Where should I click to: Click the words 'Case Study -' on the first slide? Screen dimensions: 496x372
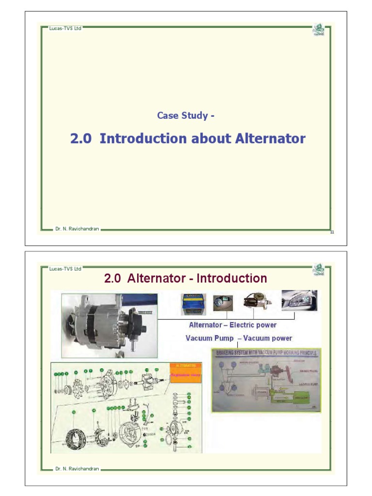186,116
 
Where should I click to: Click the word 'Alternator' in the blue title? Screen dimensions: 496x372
270,139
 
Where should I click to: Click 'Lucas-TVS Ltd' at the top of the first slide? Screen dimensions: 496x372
65,28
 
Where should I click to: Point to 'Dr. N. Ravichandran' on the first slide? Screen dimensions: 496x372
77,229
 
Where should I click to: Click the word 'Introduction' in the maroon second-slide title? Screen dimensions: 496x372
232,279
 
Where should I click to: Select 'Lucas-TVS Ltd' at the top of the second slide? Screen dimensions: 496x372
65,269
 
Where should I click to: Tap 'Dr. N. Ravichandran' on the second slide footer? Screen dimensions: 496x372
77,469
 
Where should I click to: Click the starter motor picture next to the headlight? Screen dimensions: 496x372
256,301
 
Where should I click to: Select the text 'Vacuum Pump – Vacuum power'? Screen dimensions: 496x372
239,338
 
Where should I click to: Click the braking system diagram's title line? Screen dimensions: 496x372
267,353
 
